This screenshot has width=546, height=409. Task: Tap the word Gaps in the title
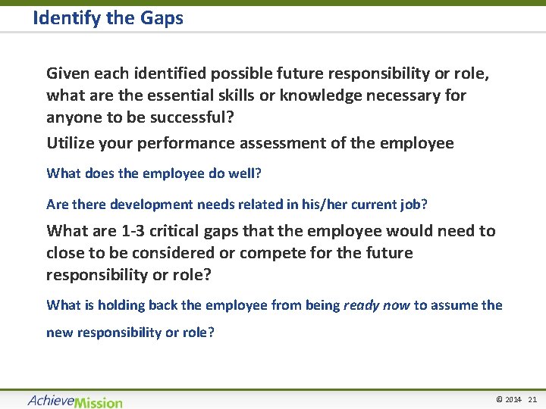[161, 18]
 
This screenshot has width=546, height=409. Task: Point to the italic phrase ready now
[376, 305]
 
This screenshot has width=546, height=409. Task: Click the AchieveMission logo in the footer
[74, 401]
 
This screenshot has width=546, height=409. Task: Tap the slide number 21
[532, 399]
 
